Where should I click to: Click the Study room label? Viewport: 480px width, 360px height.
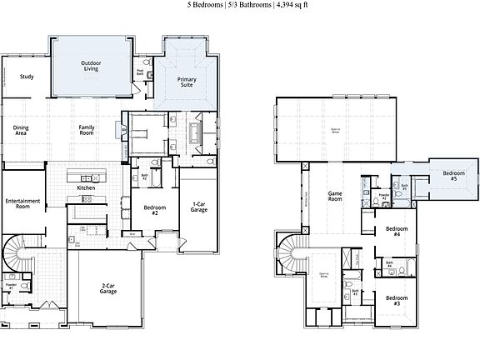coord(27,77)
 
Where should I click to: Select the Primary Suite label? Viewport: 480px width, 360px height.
coord(187,82)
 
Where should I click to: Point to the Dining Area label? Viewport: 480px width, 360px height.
coord(21,130)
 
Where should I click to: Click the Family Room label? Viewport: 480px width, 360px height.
coord(87,130)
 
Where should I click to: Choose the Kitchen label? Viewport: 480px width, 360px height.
coord(87,188)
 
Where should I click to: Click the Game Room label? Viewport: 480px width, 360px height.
coord(335,195)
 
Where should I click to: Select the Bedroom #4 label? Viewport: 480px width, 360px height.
coord(397,231)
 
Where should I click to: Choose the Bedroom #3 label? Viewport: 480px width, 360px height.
coord(397,300)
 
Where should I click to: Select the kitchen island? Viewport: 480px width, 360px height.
coord(87,177)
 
